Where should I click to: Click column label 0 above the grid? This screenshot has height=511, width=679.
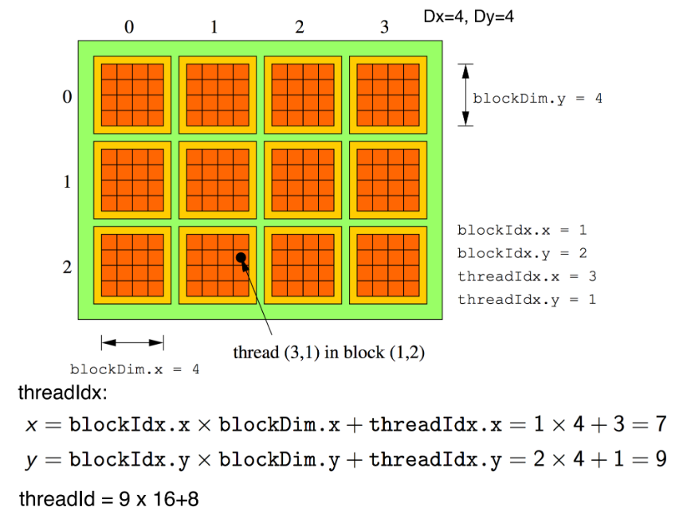[x=129, y=27]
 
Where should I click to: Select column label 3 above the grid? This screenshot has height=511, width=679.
[x=384, y=27]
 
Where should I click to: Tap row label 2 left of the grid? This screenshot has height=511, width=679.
[x=68, y=267]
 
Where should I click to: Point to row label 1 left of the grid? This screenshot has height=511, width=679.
[x=68, y=182]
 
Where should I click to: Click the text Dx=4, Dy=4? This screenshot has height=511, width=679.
[x=469, y=15]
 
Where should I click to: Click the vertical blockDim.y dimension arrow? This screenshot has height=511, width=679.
[x=466, y=95]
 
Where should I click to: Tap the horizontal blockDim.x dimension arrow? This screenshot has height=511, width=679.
[x=132, y=342]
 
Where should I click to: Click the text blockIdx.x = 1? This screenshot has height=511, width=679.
[x=522, y=230]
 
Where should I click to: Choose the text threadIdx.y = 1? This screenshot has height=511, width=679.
[x=526, y=299]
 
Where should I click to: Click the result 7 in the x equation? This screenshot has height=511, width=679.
[x=660, y=424]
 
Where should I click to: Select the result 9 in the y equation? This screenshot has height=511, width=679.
[x=660, y=460]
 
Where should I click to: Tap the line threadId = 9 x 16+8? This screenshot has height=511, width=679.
[x=108, y=499]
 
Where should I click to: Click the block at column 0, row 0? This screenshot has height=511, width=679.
[x=132, y=95]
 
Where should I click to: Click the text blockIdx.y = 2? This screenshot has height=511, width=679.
[x=522, y=253]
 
